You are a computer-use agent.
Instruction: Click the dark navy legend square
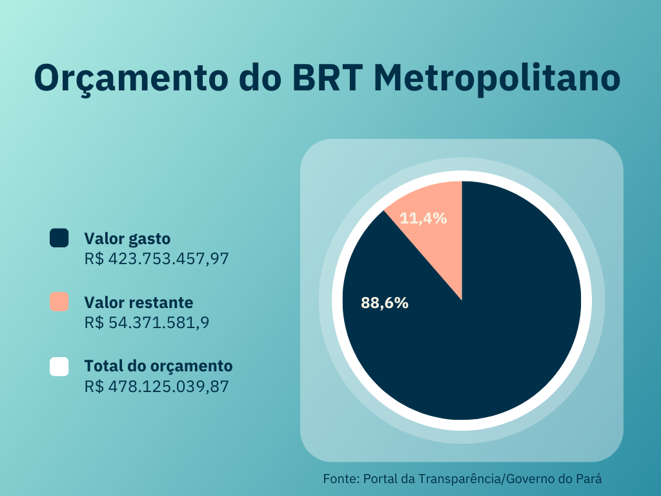59,238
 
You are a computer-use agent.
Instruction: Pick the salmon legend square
59,302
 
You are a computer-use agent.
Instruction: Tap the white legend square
59,366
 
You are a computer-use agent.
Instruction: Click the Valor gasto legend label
127,238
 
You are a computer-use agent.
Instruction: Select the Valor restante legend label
138,302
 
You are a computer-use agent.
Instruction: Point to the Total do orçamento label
158,366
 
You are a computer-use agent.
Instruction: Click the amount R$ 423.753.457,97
157,259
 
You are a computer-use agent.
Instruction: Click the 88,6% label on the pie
385,303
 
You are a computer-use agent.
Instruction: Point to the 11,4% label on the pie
423,218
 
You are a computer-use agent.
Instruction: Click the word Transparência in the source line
460,479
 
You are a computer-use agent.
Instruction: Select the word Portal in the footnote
380,479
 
